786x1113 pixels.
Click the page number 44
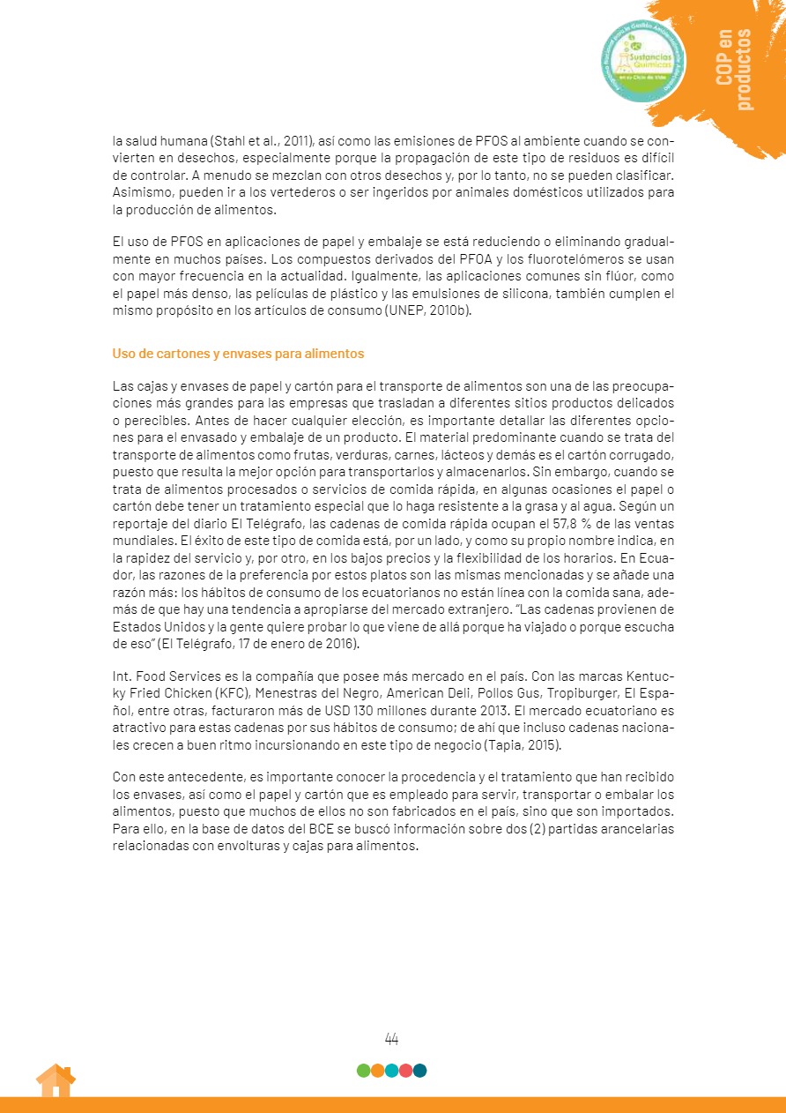point(392,1039)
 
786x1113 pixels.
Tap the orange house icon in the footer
point(56,1080)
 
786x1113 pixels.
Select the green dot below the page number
point(363,1071)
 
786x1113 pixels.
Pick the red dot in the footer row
point(405,1071)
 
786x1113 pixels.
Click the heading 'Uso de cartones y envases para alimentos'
point(238,354)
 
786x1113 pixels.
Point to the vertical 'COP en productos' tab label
point(734,70)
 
